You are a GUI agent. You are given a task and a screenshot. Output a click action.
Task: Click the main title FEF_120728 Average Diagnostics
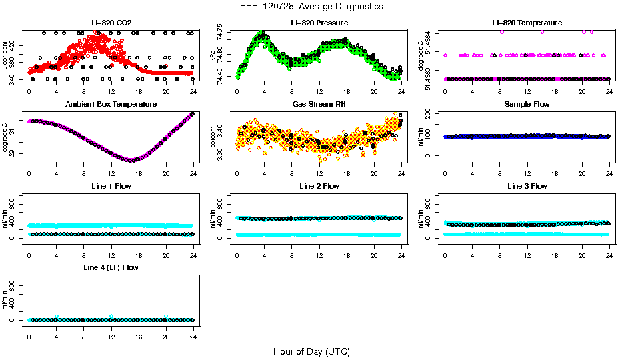312,6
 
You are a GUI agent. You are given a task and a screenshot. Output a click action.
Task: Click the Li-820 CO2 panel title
111,23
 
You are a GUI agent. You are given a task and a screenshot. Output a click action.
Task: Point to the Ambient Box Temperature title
111,105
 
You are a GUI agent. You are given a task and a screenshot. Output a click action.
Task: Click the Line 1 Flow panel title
111,186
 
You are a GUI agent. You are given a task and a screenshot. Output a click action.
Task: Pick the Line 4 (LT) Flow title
111,267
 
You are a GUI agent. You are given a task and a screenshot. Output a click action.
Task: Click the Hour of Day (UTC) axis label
311,351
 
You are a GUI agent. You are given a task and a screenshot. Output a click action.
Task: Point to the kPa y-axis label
213,57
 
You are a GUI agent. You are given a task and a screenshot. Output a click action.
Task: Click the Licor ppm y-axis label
5,57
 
